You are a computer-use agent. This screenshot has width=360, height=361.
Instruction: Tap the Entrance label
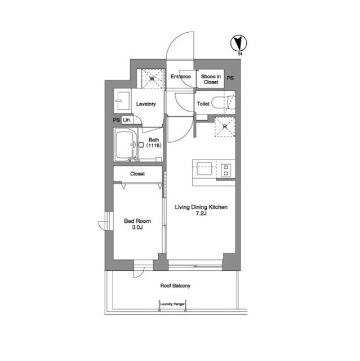pyautogui.click(x=181, y=77)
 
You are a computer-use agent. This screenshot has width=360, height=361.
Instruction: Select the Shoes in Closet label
pyautogui.click(x=211, y=79)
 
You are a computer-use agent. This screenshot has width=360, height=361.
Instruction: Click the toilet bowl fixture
pyautogui.click(x=223, y=103)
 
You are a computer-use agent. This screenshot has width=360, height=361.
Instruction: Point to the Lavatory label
pyautogui.click(x=146, y=104)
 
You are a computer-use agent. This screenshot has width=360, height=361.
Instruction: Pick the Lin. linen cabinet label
pyautogui.click(x=127, y=120)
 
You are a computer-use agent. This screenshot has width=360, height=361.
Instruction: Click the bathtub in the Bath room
pyautogui.click(x=126, y=144)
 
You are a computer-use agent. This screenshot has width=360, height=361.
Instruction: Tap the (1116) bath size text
pyautogui.click(x=154, y=146)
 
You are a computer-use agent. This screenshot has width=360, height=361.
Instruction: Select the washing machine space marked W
pyautogui.click(x=152, y=79)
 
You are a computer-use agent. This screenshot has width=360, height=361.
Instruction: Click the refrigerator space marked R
pyautogui.click(x=225, y=127)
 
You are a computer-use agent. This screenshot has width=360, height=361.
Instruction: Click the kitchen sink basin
pyautogui.click(x=205, y=169)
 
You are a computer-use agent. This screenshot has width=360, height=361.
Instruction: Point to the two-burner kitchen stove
pyautogui.click(x=226, y=170)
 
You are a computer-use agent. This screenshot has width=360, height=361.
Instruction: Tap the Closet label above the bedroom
pyautogui.click(x=137, y=174)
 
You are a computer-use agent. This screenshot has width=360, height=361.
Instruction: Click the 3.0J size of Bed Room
pyautogui.click(x=137, y=228)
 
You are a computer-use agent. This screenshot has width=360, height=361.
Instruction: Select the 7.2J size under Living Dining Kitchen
pyautogui.click(x=201, y=213)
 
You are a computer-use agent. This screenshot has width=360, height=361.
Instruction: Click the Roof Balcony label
pyautogui.click(x=175, y=286)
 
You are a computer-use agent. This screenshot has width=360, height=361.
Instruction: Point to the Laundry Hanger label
pyautogui.click(x=172, y=304)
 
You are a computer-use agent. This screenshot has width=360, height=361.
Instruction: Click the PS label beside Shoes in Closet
pyautogui.click(x=230, y=78)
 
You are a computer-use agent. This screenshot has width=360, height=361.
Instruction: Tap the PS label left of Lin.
pyautogui.click(x=116, y=120)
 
